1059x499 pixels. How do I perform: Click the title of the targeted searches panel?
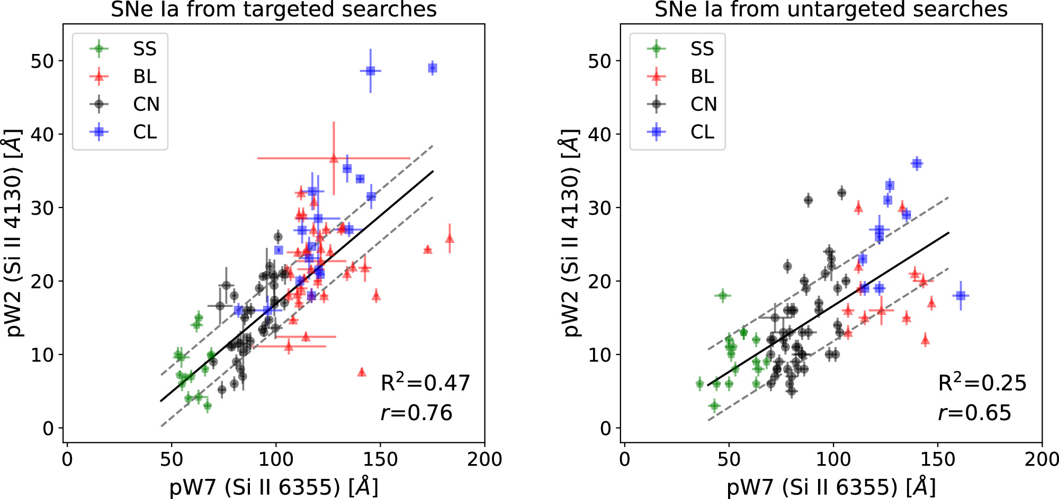tap(273, 10)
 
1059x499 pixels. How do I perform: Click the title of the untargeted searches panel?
tap(831, 10)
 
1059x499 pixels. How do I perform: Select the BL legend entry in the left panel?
tap(145, 77)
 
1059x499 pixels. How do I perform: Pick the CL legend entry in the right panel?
tap(702, 132)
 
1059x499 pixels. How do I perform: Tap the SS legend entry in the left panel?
tap(145, 49)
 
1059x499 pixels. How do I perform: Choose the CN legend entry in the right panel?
tap(703, 104)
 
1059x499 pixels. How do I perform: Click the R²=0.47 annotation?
tap(425, 383)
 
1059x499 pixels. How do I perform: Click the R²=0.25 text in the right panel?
tap(982, 383)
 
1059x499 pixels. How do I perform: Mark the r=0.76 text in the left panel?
tap(416, 413)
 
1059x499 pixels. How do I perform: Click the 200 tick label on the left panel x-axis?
tap(484, 459)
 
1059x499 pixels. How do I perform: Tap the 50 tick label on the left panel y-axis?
tap(42, 61)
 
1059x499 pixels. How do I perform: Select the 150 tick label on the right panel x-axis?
tap(937, 459)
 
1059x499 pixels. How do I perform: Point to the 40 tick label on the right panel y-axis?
tap(600, 134)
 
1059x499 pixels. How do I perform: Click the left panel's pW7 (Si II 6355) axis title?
tap(273, 486)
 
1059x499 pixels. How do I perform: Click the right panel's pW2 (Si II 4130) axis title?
tap(570, 233)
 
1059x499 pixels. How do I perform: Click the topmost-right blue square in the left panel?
tap(433, 68)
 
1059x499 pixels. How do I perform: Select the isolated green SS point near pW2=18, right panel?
tap(723, 295)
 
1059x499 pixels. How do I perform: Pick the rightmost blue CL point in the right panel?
tap(961, 295)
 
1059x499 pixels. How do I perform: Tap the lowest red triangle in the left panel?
tap(362, 372)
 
